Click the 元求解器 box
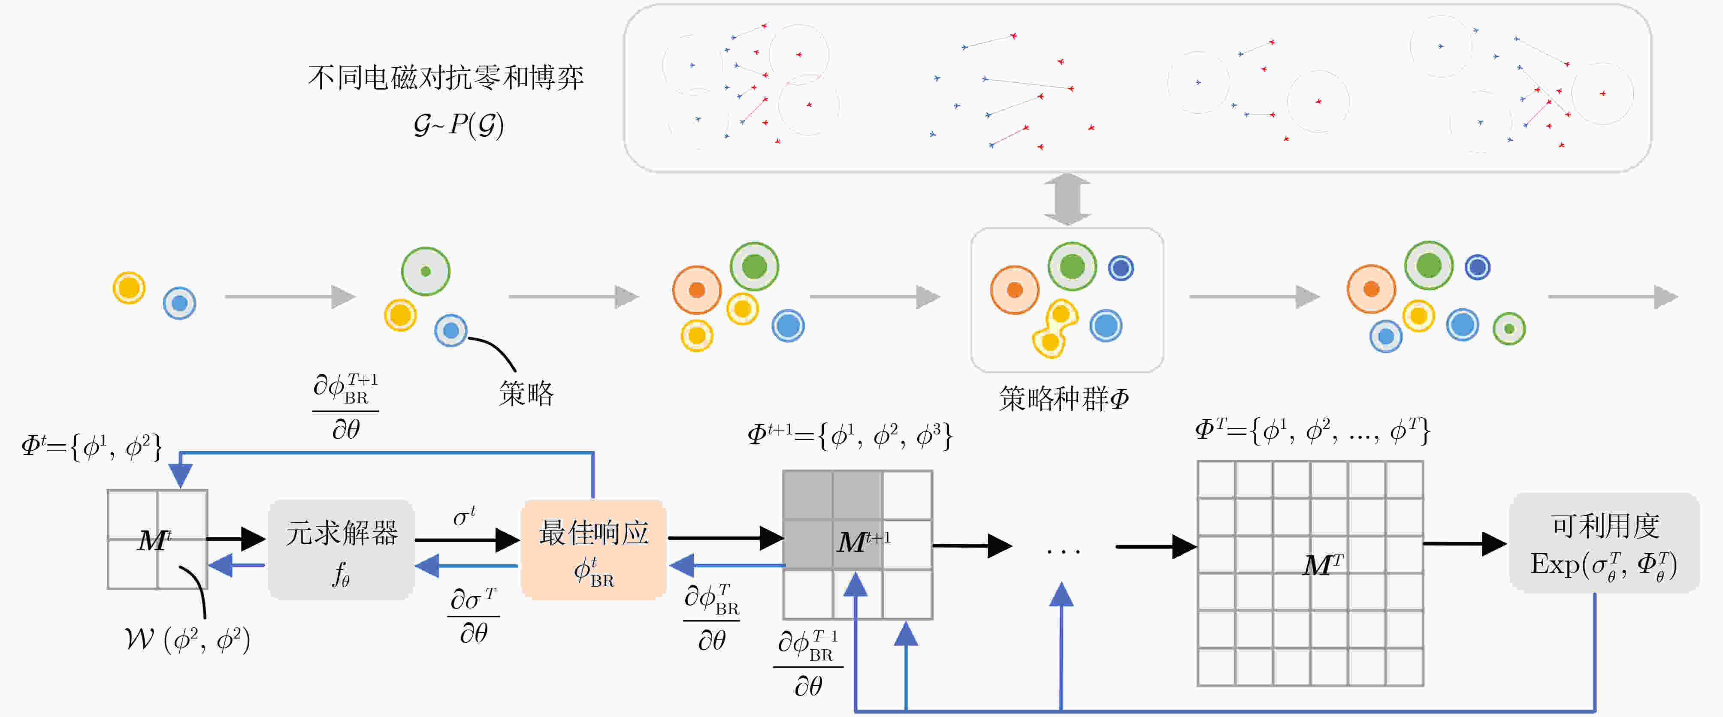click(341, 549)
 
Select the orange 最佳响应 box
click(593, 549)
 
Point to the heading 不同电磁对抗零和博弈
click(446, 78)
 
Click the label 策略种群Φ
click(1064, 399)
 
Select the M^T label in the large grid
click(1322, 565)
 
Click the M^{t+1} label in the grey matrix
click(863, 541)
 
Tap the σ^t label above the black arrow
click(464, 516)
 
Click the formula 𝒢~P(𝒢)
click(458, 124)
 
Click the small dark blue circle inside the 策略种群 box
click(1121, 268)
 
